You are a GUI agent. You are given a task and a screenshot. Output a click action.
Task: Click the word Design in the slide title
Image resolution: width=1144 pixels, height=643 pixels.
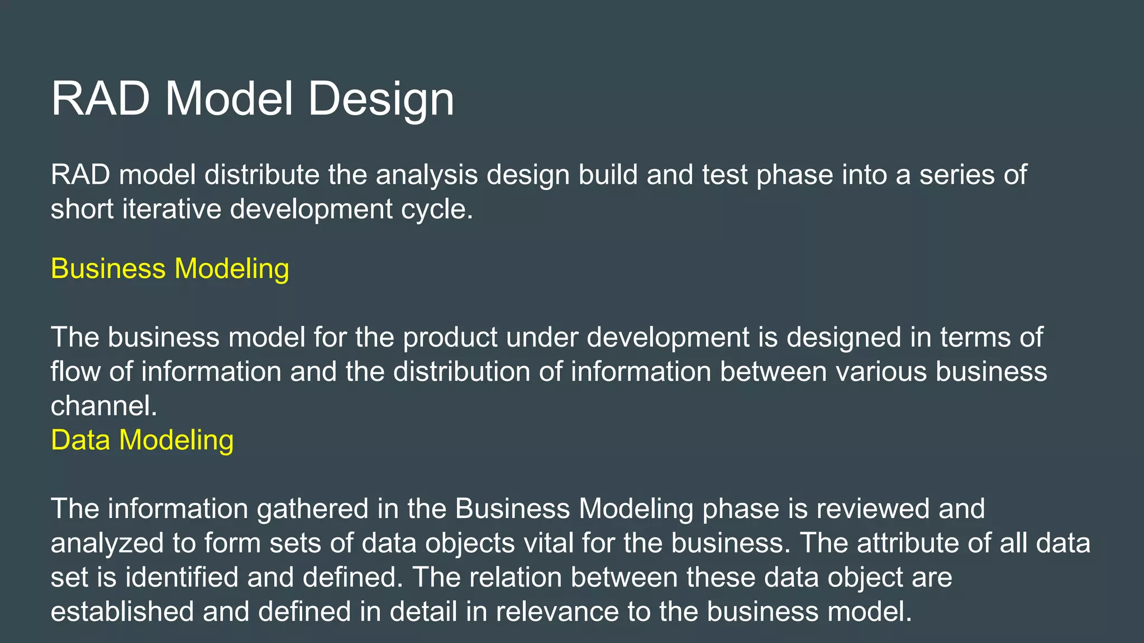point(381,99)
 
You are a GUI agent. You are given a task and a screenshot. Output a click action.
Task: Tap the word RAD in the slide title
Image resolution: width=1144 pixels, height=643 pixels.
point(101,99)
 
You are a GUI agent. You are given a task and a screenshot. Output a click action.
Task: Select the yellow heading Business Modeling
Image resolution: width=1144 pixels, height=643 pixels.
point(170,268)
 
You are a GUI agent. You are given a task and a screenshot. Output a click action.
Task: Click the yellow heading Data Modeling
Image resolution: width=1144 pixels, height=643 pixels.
point(142,440)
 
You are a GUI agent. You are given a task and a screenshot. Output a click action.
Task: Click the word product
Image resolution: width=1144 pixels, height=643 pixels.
point(450,338)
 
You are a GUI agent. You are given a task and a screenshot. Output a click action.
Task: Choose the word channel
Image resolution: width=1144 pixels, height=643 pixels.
point(103,406)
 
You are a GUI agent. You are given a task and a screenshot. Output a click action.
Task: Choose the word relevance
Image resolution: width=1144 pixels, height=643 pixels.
point(557,612)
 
